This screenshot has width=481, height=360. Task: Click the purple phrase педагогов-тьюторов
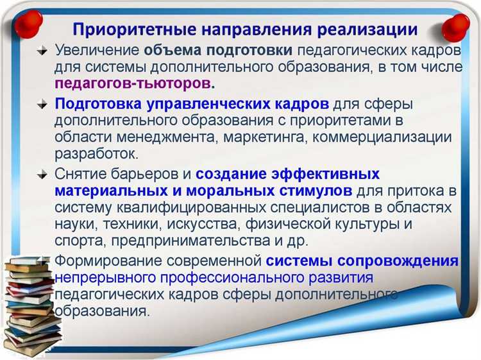[133, 83]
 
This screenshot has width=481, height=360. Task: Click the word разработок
[96, 154]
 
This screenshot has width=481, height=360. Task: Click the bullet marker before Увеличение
[42, 51]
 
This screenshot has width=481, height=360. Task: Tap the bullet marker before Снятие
[42, 175]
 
